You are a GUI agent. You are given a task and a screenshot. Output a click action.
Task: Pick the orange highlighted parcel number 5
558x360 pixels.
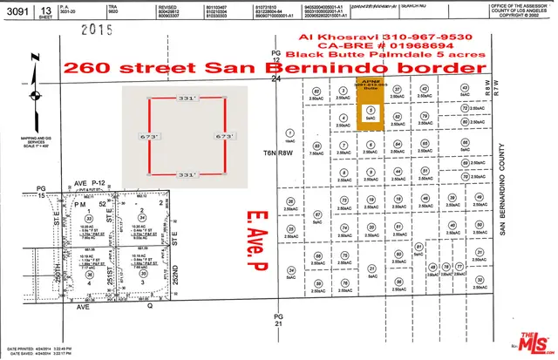[371, 111]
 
